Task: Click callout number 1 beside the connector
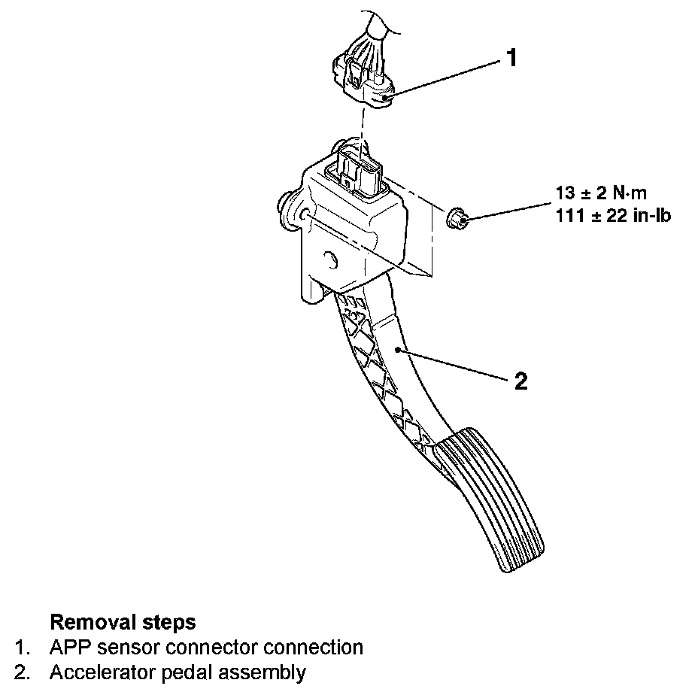click(x=511, y=58)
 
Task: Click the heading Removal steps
click(x=123, y=622)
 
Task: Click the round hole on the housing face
click(x=329, y=261)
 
